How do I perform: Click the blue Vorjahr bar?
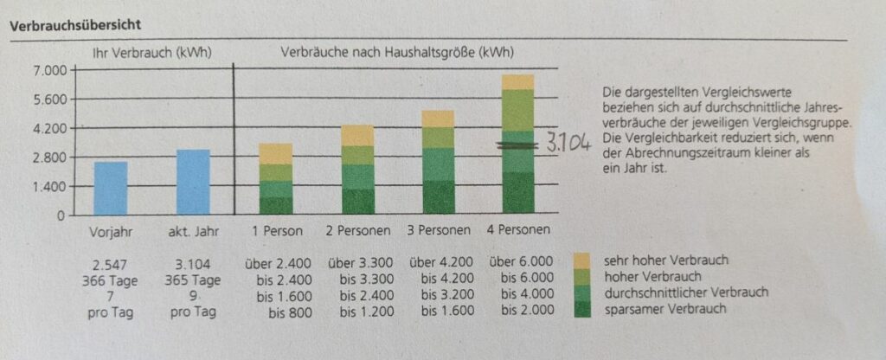(110, 188)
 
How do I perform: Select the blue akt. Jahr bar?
(192, 182)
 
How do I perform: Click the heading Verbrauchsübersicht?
(75, 27)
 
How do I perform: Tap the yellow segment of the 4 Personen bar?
(517, 82)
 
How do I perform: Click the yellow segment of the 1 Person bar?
(275, 154)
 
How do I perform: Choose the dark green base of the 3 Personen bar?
(438, 197)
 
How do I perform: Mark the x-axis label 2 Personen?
(356, 231)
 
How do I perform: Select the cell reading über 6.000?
(521, 260)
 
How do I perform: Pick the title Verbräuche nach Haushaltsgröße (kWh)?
(397, 52)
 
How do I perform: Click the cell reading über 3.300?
(359, 260)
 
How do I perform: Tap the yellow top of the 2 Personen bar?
(356, 135)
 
